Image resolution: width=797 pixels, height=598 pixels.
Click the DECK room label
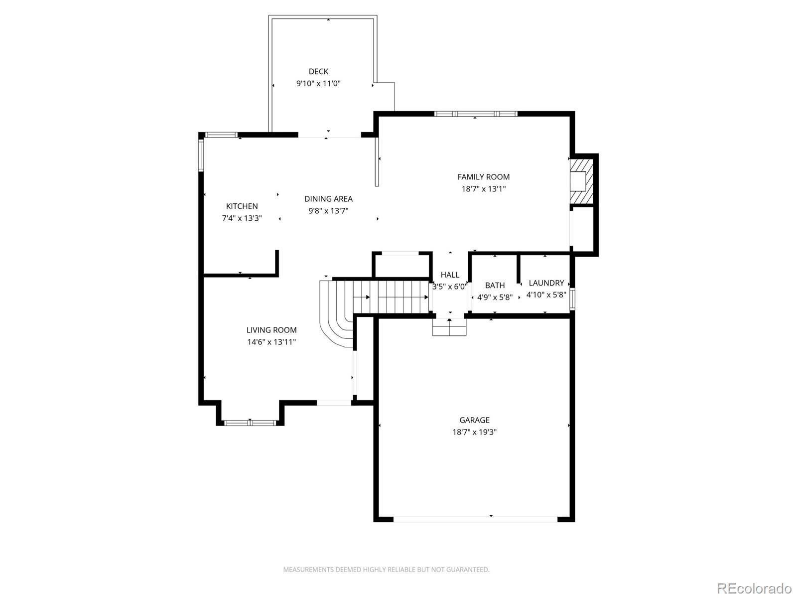(x=318, y=72)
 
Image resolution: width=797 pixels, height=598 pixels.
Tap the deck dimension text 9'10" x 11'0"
(x=318, y=84)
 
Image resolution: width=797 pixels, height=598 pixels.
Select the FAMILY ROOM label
(x=483, y=177)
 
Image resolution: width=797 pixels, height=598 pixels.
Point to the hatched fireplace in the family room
(x=581, y=181)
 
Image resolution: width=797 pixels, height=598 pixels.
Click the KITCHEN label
(x=242, y=206)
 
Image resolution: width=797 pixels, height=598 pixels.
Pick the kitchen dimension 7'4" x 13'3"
(x=242, y=218)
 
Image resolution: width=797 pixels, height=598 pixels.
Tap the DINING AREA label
(x=328, y=199)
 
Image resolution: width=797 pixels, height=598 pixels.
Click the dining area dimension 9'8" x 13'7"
(x=328, y=211)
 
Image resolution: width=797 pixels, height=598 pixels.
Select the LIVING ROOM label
(x=271, y=330)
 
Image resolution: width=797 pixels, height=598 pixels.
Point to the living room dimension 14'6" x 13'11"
(x=271, y=342)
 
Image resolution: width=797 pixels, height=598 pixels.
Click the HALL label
(x=450, y=275)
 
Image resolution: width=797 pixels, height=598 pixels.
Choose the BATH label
(x=495, y=286)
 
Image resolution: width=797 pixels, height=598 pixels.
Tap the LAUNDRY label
(x=546, y=283)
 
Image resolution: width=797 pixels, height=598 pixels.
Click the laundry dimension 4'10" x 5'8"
(x=546, y=295)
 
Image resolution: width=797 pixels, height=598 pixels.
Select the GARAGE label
(x=474, y=420)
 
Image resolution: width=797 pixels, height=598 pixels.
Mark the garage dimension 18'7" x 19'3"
(x=474, y=432)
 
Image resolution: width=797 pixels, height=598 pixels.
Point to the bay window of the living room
(x=250, y=423)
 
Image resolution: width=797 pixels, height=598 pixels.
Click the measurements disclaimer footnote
(x=386, y=570)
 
